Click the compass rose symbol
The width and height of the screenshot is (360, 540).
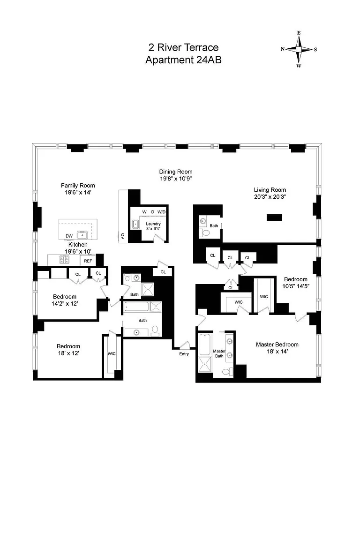tap(299, 49)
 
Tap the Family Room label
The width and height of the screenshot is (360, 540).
tap(78, 186)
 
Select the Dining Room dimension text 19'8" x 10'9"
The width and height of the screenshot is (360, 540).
tap(176, 179)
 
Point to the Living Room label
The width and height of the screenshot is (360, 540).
tap(270, 190)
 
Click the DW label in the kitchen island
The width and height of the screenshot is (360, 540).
tap(69, 236)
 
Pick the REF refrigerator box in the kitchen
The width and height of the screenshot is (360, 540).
tap(88, 261)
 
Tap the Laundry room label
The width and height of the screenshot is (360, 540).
tap(153, 224)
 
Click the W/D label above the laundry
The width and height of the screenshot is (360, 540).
tap(161, 212)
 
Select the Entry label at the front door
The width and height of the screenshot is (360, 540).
tap(184, 354)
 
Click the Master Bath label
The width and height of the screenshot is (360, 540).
tap(219, 354)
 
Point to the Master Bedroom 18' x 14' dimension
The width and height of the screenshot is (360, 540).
tap(277, 352)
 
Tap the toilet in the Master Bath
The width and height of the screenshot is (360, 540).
tap(227, 372)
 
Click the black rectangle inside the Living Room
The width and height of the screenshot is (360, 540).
tap(274, 217)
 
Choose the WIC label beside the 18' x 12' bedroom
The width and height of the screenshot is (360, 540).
tap(112, 354)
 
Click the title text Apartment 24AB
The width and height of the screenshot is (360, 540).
tap(183, 60)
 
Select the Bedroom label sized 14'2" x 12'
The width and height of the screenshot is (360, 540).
tap(65, 297)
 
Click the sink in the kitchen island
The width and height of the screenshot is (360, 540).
tap(82, 235)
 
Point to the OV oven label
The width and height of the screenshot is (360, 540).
tap(123, 236)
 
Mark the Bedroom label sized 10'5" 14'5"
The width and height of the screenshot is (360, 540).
tap(296, 280)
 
